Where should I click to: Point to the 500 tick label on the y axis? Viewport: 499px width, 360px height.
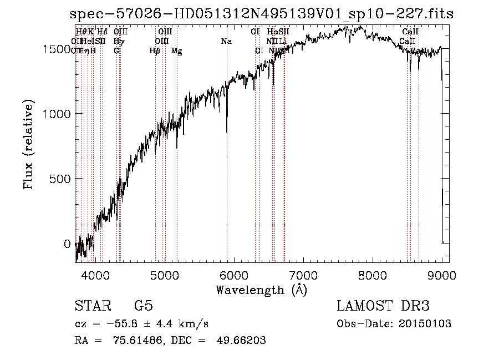pos(59,179)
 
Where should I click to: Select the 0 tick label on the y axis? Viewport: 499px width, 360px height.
pos(67,244)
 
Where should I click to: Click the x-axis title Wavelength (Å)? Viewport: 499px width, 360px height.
pos(261,290)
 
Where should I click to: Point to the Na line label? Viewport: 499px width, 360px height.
pos(226,42)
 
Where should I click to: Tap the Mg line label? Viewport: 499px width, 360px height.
pos(176,51)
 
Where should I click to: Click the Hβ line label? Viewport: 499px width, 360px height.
pos(155,51)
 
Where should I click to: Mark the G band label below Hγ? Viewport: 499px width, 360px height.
pos(116,51)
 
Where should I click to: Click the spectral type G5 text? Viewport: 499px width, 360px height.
pos(144,306)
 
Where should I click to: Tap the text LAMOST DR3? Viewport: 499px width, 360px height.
pos(383,306)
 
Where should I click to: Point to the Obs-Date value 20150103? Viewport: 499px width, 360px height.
pos(424,323)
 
